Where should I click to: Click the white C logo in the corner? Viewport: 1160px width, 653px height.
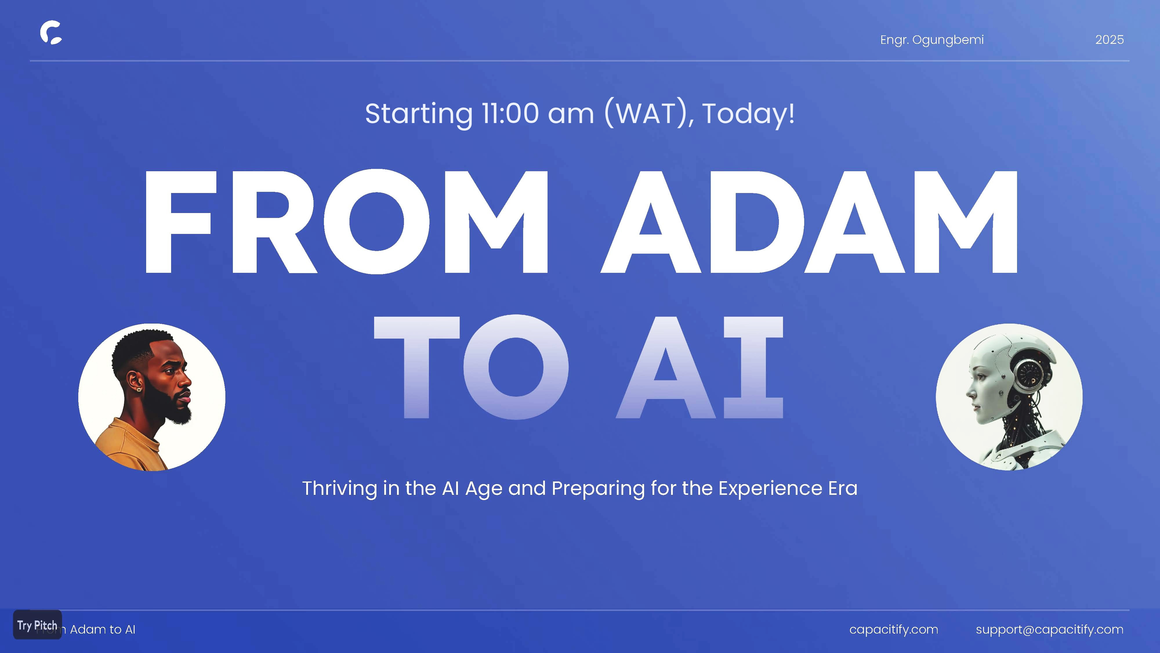coord(51,33)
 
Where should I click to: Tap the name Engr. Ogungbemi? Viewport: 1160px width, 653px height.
coord(932,40)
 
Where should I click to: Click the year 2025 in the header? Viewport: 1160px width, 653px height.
coord(1110,40)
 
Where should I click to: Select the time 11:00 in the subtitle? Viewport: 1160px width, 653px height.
coord(510,113)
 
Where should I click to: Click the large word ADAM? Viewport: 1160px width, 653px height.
coord(809,222)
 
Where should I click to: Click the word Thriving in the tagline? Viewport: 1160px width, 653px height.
coord(340,488)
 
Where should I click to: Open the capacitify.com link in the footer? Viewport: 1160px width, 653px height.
coord(893,629)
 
